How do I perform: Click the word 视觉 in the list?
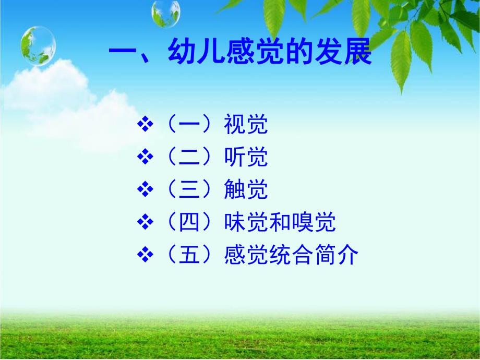[246, 125]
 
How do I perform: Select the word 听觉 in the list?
[246, 158]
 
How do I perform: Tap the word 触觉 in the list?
[246, 190]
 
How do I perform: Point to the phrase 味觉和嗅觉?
[279, 223]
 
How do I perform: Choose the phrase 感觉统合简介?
[290, 256]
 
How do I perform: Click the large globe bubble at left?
[38, 46]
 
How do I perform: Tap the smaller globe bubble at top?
[166, 13]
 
